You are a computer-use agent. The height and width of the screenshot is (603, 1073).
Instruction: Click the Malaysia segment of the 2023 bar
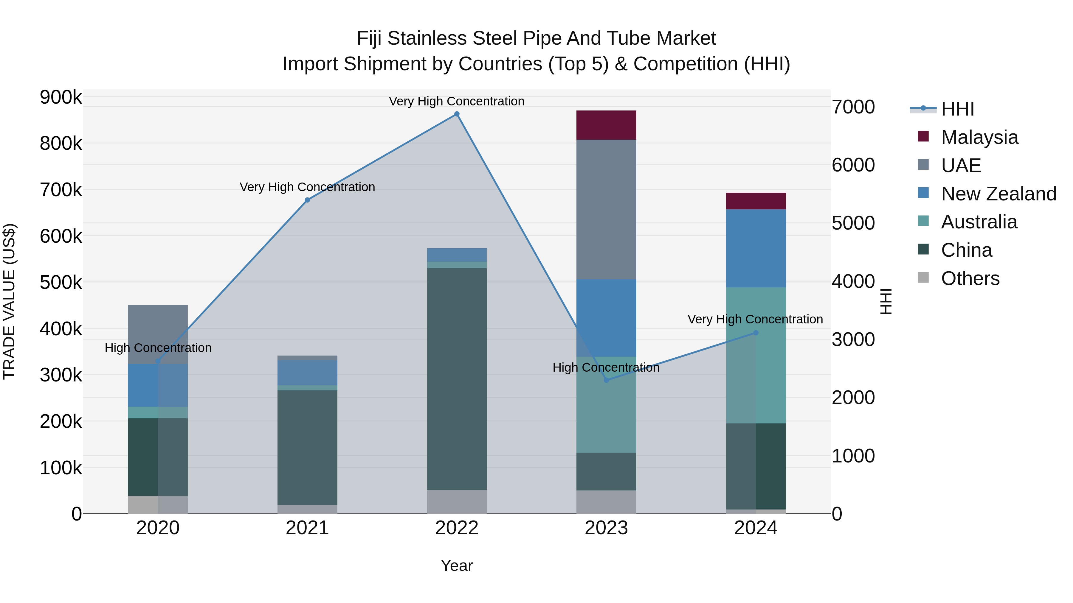[606, 125]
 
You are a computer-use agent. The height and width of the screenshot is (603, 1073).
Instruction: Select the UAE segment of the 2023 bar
[606, 209]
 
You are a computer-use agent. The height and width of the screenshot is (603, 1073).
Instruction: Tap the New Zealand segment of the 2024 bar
[756, 248]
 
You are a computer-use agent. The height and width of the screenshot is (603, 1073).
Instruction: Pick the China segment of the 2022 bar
[457, 379]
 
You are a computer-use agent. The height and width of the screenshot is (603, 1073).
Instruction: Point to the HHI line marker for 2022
[457, 114]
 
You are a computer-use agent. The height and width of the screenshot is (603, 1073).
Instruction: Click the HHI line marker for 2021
[307, 200]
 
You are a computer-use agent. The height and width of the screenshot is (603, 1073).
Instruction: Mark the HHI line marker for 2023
[606, 380]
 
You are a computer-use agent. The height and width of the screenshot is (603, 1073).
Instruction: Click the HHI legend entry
[957, 109]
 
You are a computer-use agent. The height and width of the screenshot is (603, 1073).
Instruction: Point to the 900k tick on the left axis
[61, 97]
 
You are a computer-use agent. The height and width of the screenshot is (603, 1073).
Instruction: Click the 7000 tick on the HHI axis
[853, 107]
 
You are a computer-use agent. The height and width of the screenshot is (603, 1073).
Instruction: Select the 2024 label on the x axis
[756, 528]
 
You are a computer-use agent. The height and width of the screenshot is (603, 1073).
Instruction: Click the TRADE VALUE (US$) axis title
[9, 301]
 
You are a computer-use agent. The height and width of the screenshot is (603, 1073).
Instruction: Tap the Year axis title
[457, 565]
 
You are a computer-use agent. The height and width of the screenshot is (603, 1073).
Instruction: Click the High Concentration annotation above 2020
[158, 348]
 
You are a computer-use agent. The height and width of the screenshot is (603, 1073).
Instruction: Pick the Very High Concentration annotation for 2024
[755, 319]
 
